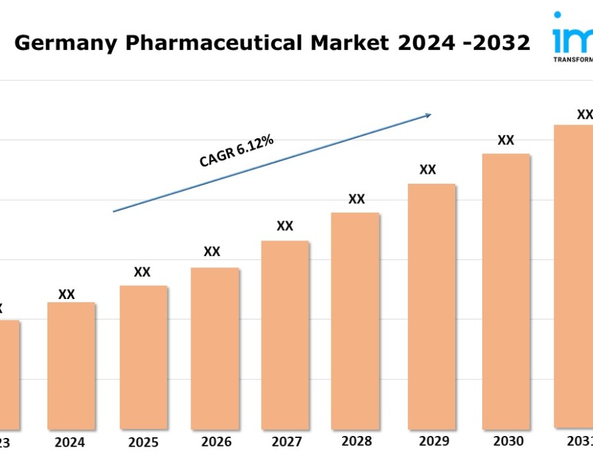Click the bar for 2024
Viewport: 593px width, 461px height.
click(71, 366)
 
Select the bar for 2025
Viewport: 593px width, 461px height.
click(144, 357)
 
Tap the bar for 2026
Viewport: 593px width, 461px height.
click(215, 348)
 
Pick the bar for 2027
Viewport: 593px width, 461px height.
click(285, 335)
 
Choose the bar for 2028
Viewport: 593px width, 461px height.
click(355, 321)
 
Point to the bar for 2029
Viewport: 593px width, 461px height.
click(432, 306)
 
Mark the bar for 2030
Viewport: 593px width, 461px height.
click(506, 291)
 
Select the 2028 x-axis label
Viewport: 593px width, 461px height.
click(356, 441)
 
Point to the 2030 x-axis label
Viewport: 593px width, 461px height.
click(508, 441)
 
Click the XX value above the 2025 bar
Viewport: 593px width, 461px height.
click(142, 272)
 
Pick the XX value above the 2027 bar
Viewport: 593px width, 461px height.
click(285, 226)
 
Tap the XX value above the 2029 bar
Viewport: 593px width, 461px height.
click(428, 169)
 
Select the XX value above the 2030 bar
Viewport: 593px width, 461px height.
click(505, 140)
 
